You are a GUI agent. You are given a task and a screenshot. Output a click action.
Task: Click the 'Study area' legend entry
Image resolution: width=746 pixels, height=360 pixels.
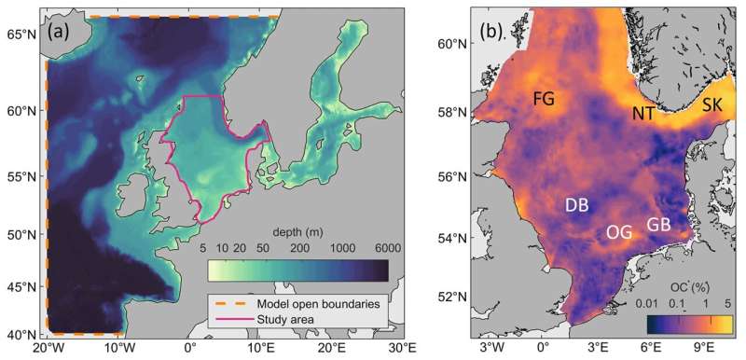tap(280, 320)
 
